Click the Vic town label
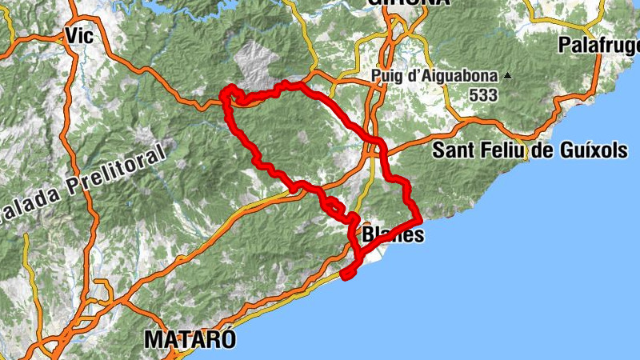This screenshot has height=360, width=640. (80, 36)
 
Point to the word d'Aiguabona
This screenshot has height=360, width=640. (453, 78)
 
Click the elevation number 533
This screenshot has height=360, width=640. (483, 95)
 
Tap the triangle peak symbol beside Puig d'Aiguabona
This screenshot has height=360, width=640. (506, 77)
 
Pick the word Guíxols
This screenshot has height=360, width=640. (593, 150)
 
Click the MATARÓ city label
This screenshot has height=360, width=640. (190, 339)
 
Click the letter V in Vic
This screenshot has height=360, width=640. (71, 36)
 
